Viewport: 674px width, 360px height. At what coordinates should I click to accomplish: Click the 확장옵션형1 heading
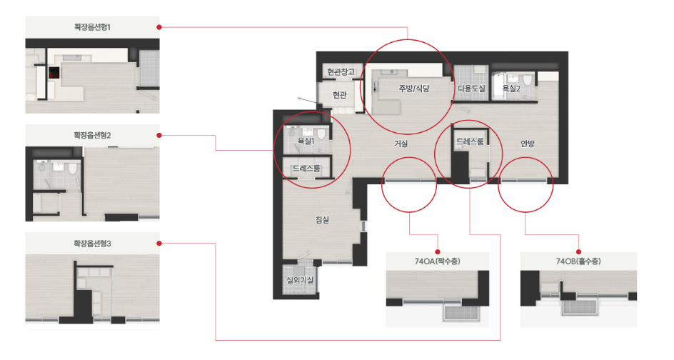click(x=92, y=27)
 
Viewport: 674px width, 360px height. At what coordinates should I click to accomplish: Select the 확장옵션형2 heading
click(x=92, y=136)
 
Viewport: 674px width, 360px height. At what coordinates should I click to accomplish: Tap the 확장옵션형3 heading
click(x=92, y=244)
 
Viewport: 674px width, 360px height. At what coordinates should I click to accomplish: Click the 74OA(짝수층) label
click(x=437, y=261)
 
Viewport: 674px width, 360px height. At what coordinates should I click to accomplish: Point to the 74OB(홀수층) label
click(x=578, y=261)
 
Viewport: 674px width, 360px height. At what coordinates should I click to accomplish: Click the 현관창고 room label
click(x=341, y=72)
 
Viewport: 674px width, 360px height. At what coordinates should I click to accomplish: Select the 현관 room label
click(x=340, y=94)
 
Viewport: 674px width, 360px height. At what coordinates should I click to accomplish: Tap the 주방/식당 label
click(x=414, y=89)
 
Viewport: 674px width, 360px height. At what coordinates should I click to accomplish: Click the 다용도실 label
click(x=471, y=89)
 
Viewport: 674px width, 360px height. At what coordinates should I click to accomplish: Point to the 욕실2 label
click(x=511, y=89)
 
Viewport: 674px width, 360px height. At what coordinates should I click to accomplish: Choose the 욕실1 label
click(x=306, y=141)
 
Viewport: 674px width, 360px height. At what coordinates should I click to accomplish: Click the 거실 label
click(x=401, y=144)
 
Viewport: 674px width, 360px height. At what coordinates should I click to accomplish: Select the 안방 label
click(x=528, y=144)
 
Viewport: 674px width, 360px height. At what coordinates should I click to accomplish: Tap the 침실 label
click(x=323, y=220)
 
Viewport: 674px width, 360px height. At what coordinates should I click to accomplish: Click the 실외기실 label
click(x=300, y=281)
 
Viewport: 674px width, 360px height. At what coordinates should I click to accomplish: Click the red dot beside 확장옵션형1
click(x=159, y=27)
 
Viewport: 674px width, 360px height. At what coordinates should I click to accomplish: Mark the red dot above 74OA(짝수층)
click(x=438, y=251)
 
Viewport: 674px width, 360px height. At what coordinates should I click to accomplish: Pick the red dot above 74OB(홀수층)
click(x=578, y=251)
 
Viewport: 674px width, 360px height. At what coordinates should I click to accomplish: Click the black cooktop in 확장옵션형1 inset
click(x=54, y=73)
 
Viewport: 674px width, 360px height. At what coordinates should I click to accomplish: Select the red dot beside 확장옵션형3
click(x=159, y=244)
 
